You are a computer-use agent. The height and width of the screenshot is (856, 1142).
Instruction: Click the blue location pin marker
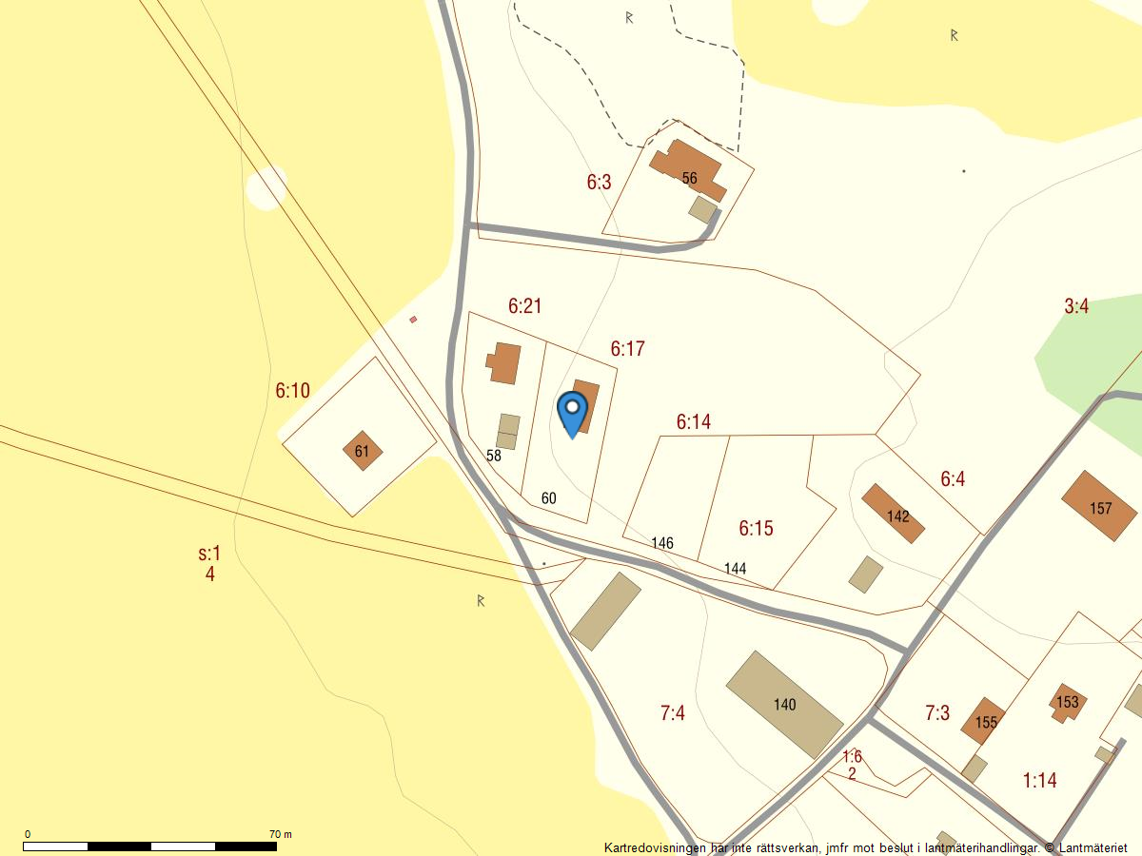pos(572,411)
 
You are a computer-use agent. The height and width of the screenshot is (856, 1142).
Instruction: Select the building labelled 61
pos(362,451)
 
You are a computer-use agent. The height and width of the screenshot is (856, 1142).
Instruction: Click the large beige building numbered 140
pos(784,705)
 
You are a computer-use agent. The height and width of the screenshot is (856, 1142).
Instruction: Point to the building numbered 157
pos(1100,507)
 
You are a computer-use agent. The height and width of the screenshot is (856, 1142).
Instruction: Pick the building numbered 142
pos(894,515)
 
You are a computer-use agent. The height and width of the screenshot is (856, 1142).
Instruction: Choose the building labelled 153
pos(1068,702)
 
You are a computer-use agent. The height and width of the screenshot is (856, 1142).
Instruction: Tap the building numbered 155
pos(984,721)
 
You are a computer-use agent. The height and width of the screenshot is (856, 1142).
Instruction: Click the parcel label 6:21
pos(524,306)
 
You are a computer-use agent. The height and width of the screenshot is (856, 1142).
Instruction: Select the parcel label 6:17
pos(628,349)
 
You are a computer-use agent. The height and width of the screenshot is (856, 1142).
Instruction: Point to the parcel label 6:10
pos(292,390)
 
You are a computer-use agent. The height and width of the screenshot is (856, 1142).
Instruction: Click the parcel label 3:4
pos(1076,306)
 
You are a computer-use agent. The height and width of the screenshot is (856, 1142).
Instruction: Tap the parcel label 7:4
pos(673,712)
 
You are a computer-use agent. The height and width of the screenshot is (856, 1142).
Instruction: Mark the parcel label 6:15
pos(756,528)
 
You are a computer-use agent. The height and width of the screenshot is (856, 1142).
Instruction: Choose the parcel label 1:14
pos(1040,781)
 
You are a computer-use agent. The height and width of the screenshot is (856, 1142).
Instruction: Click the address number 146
pos(662,543)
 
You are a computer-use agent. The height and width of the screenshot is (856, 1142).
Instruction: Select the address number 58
pos(493,456)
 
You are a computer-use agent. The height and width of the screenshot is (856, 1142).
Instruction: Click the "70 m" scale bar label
pos(281,834)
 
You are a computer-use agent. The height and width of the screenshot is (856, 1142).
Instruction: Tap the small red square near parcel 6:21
pos(413,320)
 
